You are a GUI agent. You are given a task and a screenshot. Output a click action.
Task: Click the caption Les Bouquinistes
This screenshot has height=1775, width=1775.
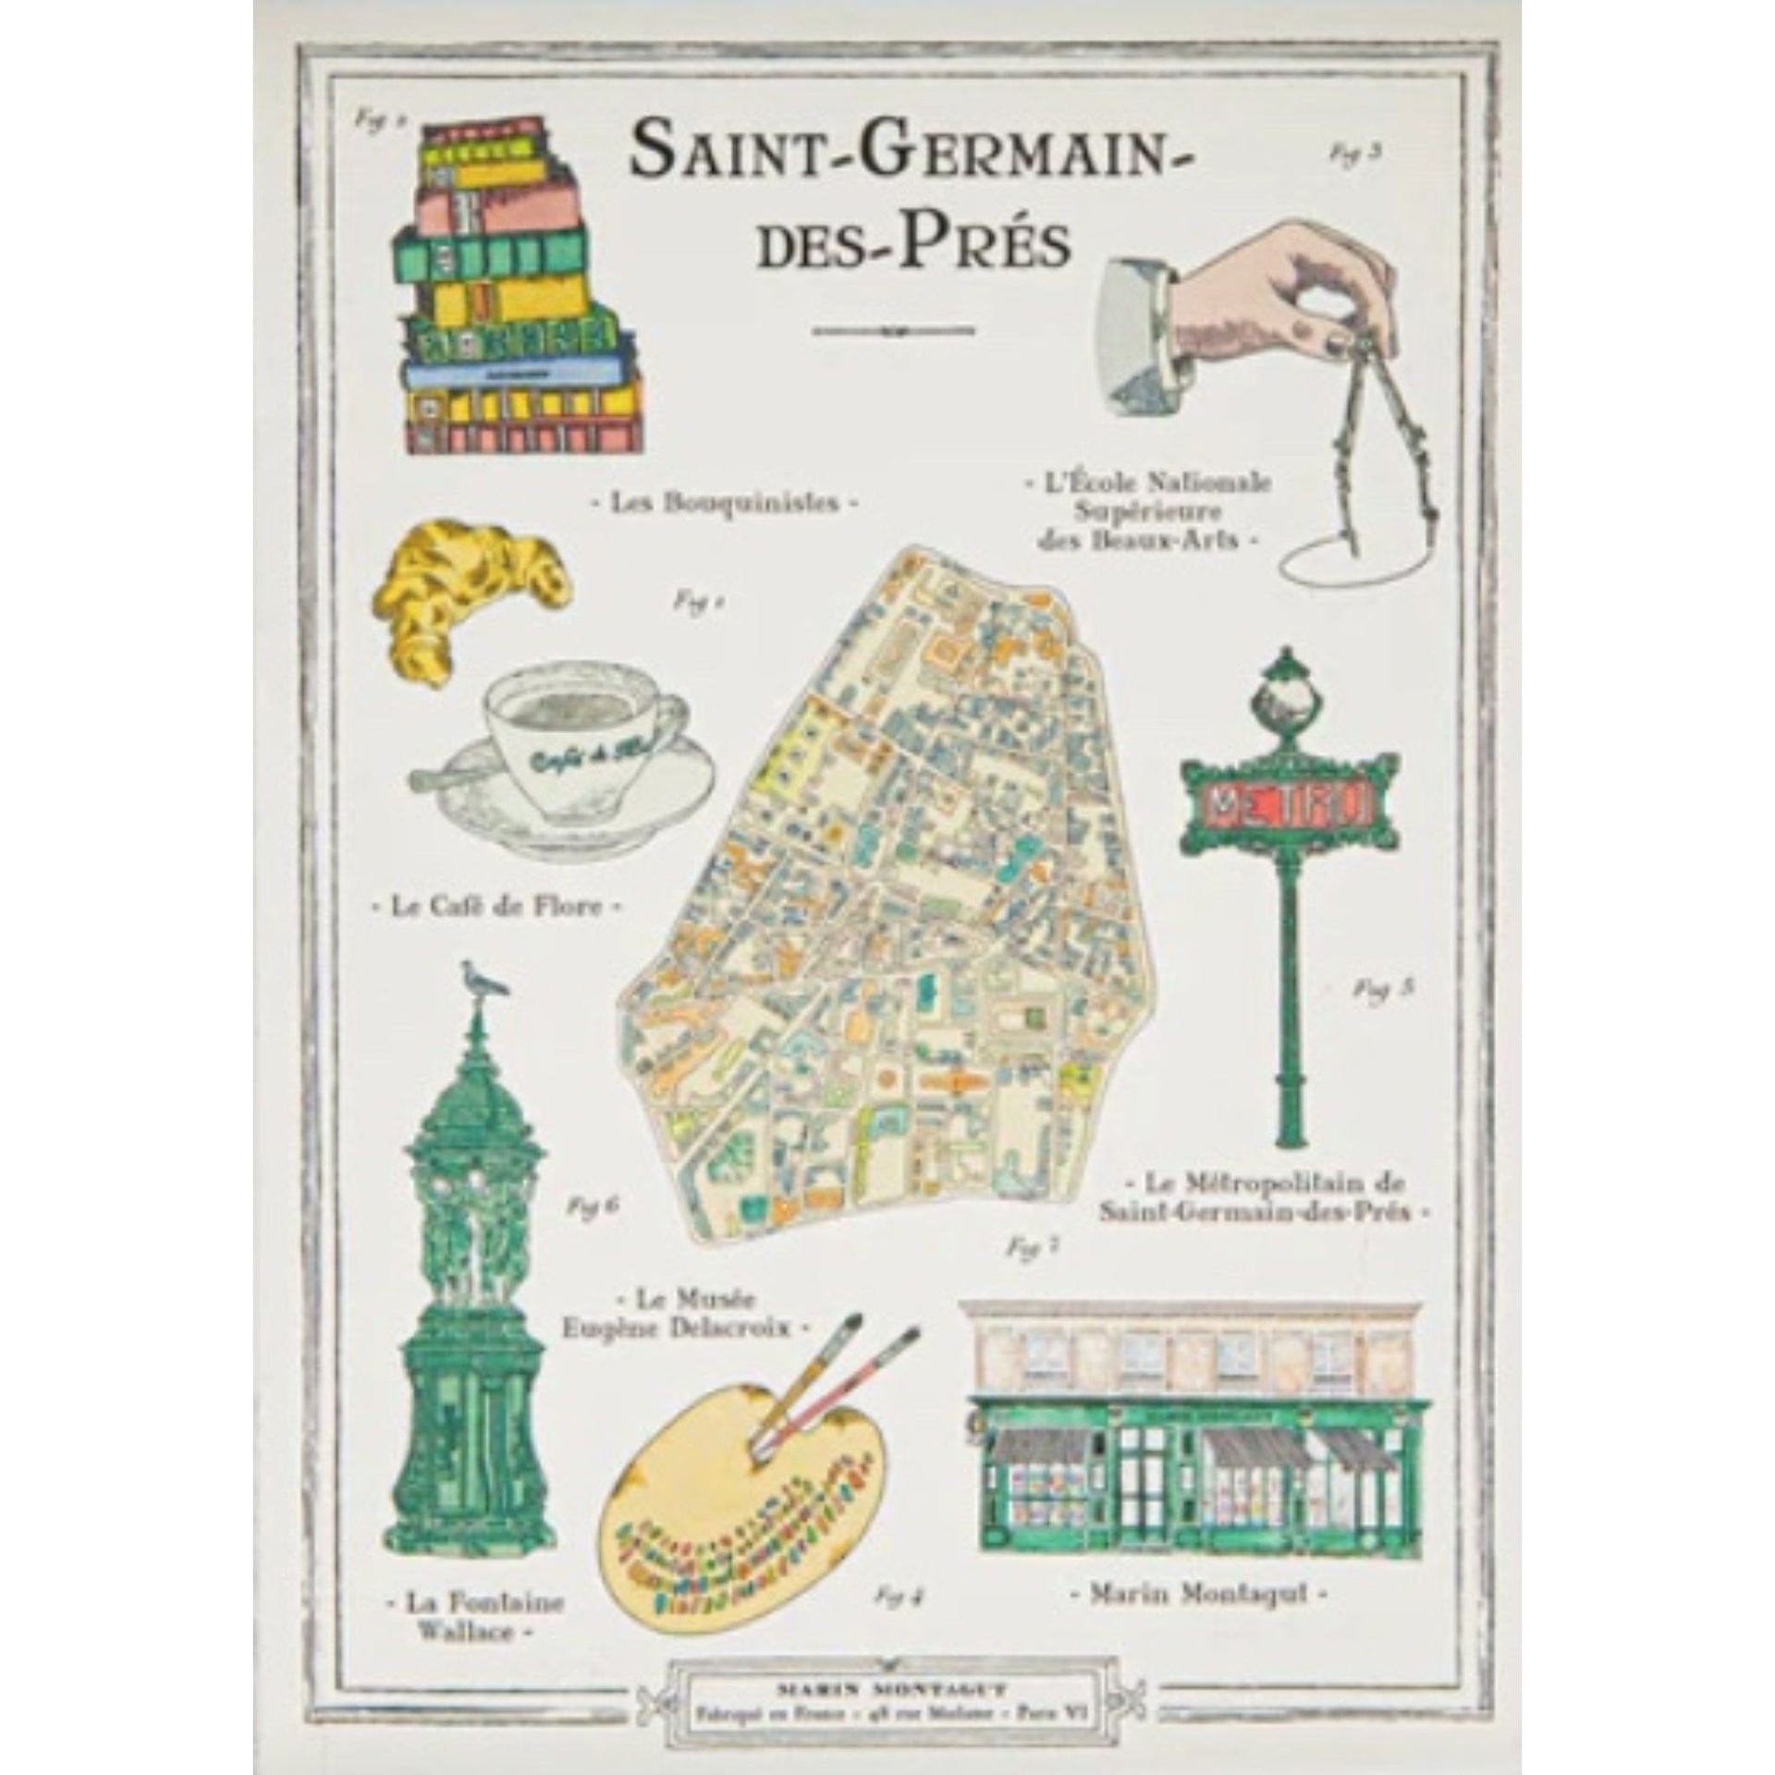tap(726, 503)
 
